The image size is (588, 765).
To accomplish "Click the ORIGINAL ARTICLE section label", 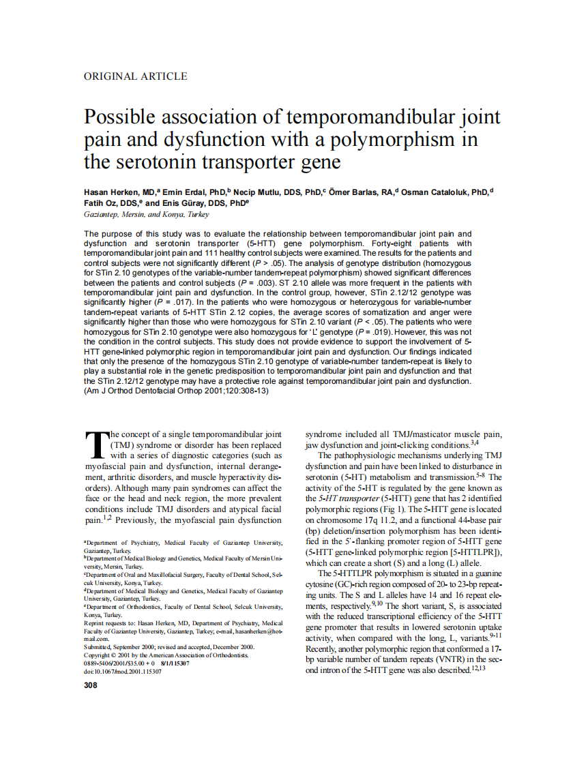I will pos(135,76).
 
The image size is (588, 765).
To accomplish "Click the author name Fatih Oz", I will pos(100,203).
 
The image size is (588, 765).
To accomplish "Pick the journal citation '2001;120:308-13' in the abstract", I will pos(207,391).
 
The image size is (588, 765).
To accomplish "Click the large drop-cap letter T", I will pos(95,444).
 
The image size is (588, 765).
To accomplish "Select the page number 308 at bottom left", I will pos(90,685).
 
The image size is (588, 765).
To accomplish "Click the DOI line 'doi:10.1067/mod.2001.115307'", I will pos(123,671).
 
